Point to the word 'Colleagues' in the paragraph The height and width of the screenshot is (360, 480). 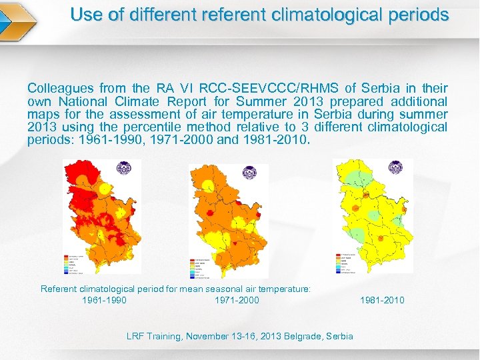(x=61, y=88)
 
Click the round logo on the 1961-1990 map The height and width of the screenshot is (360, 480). (x=124, y=169)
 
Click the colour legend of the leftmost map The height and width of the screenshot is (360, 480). (x=75, y=265)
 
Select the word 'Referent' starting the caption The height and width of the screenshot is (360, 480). (x=60, y=289)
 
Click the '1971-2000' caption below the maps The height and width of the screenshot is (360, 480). (x=237, y=300)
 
